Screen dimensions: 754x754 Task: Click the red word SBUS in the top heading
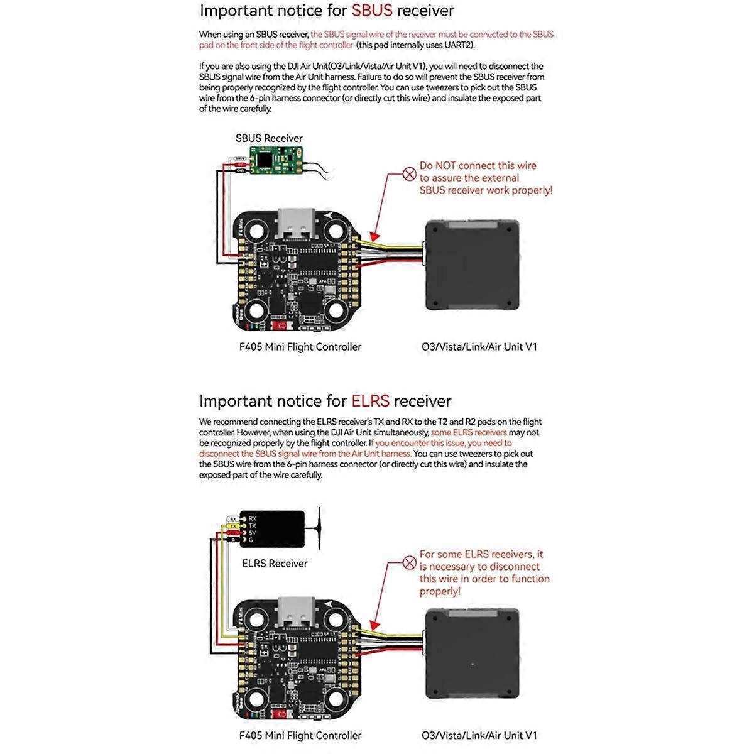click(x=372, y=11)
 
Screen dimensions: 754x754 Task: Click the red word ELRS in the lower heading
click(x=370, y=401)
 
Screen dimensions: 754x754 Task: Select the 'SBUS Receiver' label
click(x=269, y=138)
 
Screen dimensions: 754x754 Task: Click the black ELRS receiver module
click(x=272, y=528)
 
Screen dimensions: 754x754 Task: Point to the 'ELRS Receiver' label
click(x=275, y=564)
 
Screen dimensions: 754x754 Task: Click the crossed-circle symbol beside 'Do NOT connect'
click(x=410, y=173)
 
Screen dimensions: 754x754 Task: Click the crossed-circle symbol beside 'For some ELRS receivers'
click(x=410, y=562)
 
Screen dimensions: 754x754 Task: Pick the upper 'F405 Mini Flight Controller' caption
click(x=300, y=347)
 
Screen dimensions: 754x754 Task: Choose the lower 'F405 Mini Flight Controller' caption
click(x=300, y=735)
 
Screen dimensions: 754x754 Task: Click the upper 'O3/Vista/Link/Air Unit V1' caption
click(x=479, y=347)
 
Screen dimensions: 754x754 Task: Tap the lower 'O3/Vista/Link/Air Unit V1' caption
click(x=479, y=735)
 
